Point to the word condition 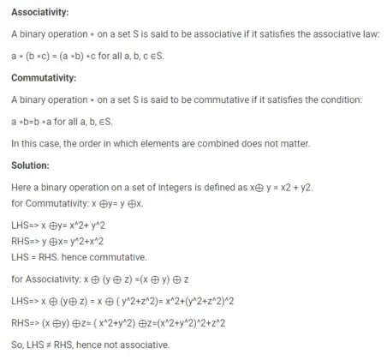[x=342, y=99]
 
